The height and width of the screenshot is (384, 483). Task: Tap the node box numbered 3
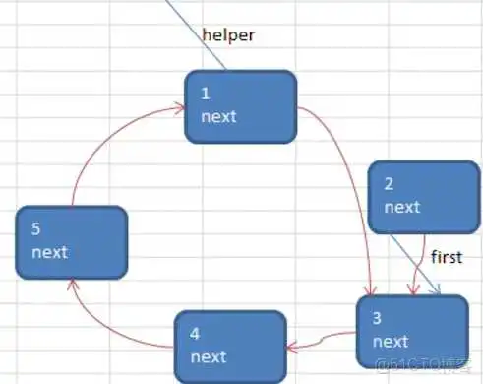411,330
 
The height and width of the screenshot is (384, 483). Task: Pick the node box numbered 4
230,342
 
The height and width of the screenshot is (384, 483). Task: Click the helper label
228,35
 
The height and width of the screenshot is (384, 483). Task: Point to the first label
446,257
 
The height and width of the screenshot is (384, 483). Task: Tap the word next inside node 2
401,207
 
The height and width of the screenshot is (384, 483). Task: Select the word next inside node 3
391,341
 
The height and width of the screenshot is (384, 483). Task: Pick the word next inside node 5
50,252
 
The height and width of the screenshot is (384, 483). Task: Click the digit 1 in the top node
205,94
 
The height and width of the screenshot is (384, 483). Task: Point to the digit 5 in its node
36,229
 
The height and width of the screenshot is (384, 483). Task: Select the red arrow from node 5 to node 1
98,148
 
